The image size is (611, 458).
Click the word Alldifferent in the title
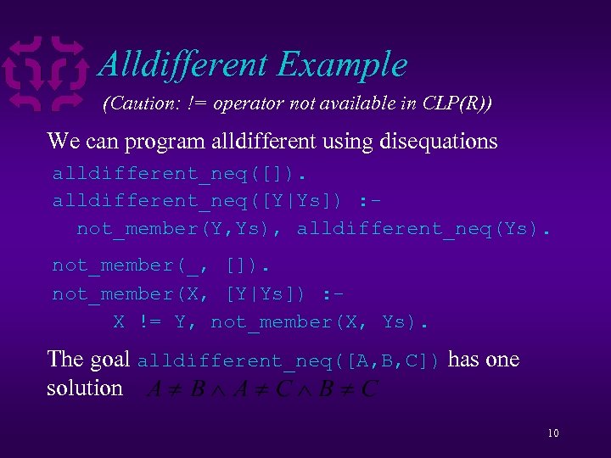tap(182, 64)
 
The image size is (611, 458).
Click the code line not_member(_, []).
tap(161, 265)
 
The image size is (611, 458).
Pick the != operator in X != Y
tap(150, 322)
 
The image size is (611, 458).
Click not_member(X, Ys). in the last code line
tap(320, 322)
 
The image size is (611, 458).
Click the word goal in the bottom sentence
tap(109, 360)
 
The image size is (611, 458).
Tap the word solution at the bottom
tap(85, 388)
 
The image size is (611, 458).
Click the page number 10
tap(553, 433)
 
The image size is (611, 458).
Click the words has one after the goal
tap(483, 360)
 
